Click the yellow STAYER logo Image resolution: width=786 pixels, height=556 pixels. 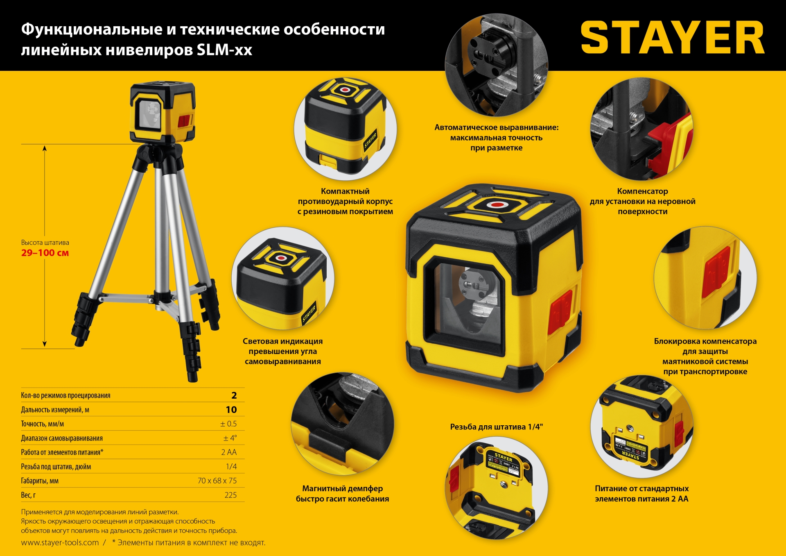click(672, 38)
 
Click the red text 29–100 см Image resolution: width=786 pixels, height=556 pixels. click(45, 253)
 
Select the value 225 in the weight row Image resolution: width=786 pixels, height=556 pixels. click(230, 495)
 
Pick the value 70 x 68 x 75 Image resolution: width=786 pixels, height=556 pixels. click(217, 481)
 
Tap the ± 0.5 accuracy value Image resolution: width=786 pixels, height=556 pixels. click(228, 424)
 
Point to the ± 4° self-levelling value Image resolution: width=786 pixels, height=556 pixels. click(230, 438)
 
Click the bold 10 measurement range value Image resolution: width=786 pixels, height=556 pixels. click(231, 410)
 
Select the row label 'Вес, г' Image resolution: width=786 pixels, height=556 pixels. click(28, 495)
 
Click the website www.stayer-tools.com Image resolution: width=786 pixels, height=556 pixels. click(60, 542)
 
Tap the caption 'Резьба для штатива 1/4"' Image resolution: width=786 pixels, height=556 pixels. click(496, 427)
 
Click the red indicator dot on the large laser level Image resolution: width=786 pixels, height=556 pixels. click(497, 204)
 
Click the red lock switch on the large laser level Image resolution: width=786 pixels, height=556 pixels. click(561, 311)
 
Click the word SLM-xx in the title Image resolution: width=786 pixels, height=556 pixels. click(224, 50)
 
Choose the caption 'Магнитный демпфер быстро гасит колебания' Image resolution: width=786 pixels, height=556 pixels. click(342, 493)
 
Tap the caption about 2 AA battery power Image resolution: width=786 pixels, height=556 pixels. click(641, 493)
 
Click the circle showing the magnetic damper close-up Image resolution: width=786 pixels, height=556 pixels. click(342, 424)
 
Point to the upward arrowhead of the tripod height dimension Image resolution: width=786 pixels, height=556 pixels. click(45, 148)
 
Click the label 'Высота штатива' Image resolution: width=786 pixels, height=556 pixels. click(45, 243)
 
